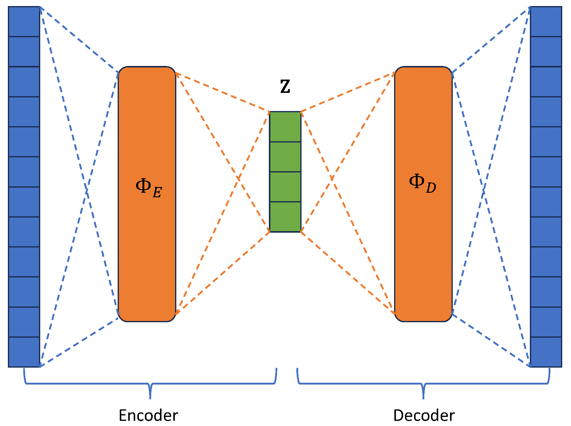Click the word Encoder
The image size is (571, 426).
148,415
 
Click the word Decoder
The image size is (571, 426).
424,415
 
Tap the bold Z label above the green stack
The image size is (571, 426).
285,87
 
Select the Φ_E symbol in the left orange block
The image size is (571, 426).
148,188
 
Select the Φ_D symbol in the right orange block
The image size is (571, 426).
422,183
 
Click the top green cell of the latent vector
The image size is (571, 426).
285,127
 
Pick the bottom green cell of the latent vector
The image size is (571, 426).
285,217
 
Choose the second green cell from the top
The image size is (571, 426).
285,157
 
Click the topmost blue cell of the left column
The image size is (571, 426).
24,21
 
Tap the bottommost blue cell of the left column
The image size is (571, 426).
24,352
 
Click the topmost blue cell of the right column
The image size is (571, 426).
546,21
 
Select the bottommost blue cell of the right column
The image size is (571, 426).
546,352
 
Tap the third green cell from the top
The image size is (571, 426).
285,187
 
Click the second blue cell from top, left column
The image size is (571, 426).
24,51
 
